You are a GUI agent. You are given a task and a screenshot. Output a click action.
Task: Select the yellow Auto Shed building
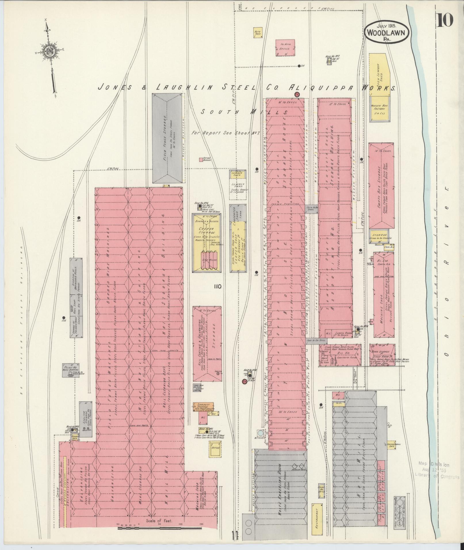tap(257, 32)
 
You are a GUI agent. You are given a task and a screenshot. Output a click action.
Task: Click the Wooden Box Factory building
tap(380, 110)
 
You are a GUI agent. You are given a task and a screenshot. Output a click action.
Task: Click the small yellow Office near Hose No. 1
tap(215, 448)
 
